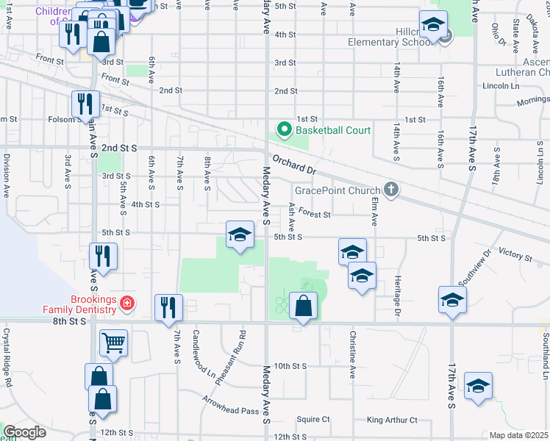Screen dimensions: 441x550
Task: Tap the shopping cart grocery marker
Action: click(x=113, y=342)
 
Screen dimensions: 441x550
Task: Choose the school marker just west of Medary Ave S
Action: click(x=240, y=235)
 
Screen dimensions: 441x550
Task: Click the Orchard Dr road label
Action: click(x=293, y=162)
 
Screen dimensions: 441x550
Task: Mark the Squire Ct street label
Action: click(x=313, y=420)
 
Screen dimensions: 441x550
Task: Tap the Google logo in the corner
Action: click(x=24, y=432)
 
